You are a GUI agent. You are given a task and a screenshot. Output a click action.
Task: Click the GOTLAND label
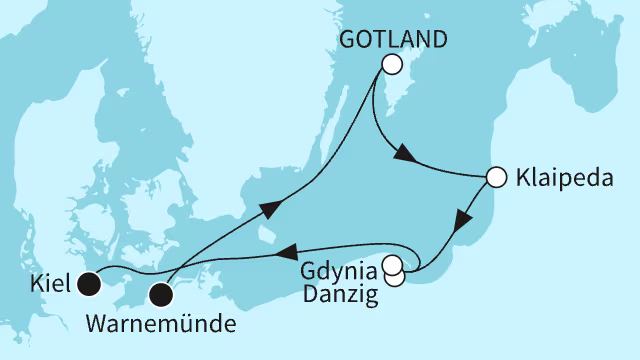tap(391, 39)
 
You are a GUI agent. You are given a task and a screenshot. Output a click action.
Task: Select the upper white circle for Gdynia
tap(390, 264)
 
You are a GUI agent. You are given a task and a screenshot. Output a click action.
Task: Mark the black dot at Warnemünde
tap(161, 294)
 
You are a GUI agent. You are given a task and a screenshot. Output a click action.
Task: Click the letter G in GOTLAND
tap(349, 39)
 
